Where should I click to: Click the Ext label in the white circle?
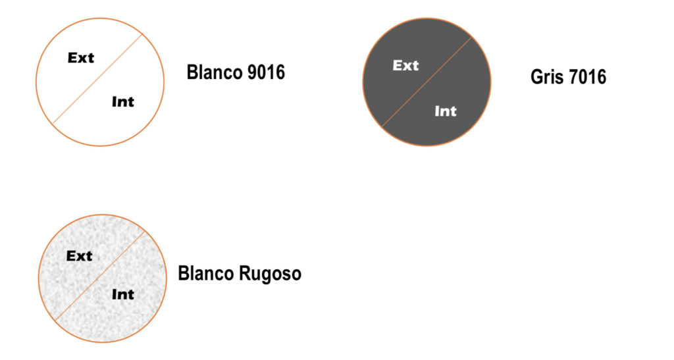[x=81, y=58]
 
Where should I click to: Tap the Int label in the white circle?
[x=122, y=101]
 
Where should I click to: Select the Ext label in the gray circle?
[x=405, y=65]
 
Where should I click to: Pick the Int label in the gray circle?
[x=446, y=111]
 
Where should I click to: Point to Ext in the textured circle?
[x=80, y=256]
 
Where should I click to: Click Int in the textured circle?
[x=122, y=294]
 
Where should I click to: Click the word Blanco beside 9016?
[x=215, y=72]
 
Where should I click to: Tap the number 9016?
[x=266, y=72]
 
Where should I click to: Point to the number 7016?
[x=587, y=77]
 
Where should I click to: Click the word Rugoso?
[x=270, y=273]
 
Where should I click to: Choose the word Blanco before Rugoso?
[x=205, y=272]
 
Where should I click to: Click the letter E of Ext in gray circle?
[x=397, y=65]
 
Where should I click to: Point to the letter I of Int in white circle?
[x=115, y=101]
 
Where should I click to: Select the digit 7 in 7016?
[x=574, y=77]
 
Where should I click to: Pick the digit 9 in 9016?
[x=251, y=72]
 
